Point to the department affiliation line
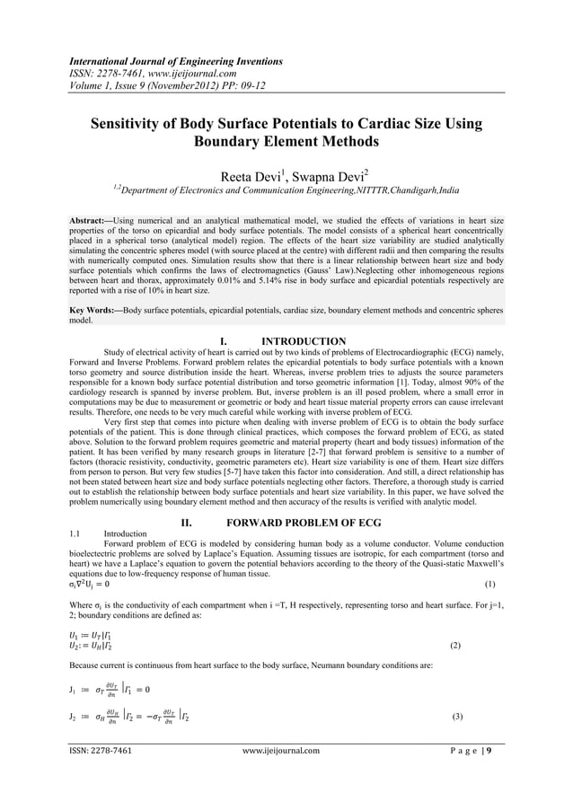pos(286,189)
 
